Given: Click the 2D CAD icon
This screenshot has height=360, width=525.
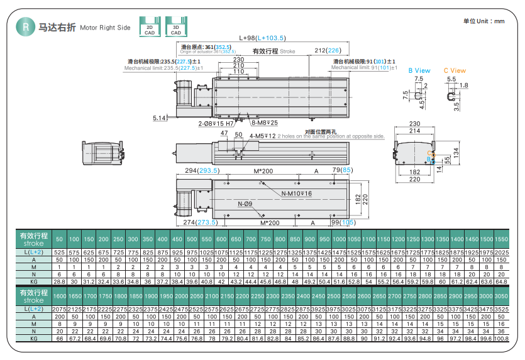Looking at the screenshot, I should [x=149, y=26].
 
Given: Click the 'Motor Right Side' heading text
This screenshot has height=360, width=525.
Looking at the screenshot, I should [x=105, y=28].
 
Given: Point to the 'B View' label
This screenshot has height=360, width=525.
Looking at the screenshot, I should [x=419, y=70].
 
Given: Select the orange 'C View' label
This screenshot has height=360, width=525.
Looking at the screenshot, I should [x=455, y=70].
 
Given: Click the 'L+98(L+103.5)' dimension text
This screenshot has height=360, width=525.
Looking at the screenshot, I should [x=262, y=38].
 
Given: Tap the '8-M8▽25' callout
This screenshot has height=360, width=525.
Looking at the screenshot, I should [x=264, y=123].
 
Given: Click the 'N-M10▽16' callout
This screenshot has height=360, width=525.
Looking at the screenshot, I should [x=296, y=194].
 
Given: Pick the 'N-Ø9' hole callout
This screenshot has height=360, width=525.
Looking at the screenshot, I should [x=245, y=204].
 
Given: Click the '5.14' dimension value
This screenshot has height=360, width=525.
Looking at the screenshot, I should [x=160, y=118].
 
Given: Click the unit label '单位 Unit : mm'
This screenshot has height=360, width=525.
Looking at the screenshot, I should [x=484, y=21].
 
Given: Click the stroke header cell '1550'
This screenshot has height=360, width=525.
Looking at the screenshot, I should [x=501, y=239].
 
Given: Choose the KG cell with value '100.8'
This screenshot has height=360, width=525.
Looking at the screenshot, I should [x=501, y=338].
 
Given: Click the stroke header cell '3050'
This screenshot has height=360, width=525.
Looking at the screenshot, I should [x=501, y=296].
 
